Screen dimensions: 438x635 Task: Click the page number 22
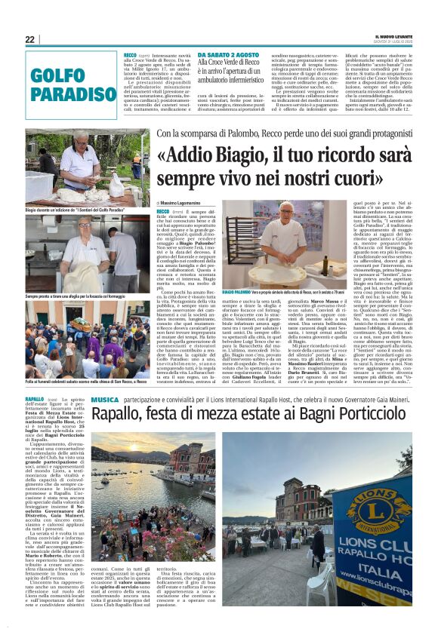click(x=30, y=39)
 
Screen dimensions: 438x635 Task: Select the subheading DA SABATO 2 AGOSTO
click(x=230, y=55)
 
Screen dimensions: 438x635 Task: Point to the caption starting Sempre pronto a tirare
click(x=63, y=296)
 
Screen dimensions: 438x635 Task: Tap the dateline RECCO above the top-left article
click(x=130, y=55)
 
